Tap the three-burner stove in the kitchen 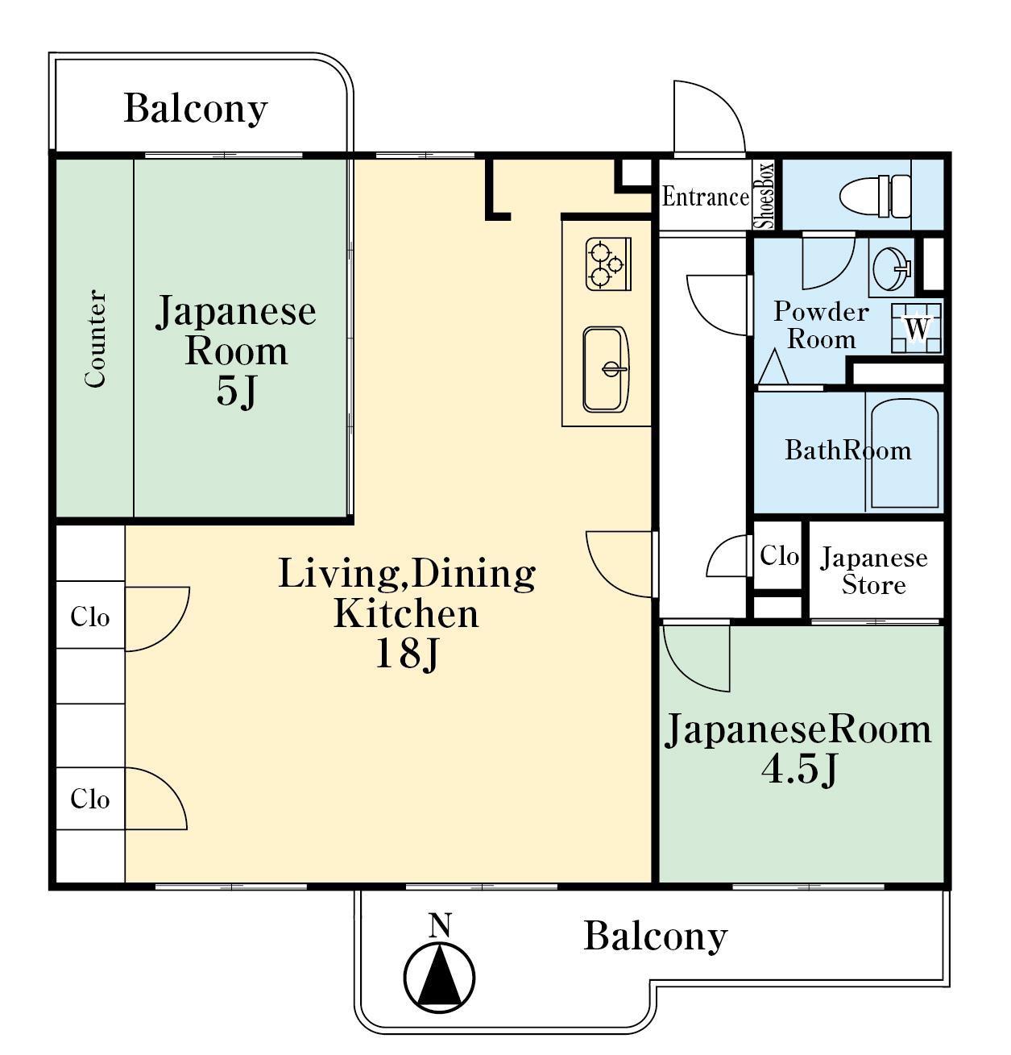[608, 264]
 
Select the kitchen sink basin [606, 370]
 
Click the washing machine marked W [917, 328]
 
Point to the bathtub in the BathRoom [905, 453]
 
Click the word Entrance [706, 197]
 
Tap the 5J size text [236, 390]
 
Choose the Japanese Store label [874, 571]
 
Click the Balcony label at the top [196, 109]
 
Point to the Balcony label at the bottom [656, 937]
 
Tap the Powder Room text [822, 326]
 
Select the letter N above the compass [440, 925]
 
